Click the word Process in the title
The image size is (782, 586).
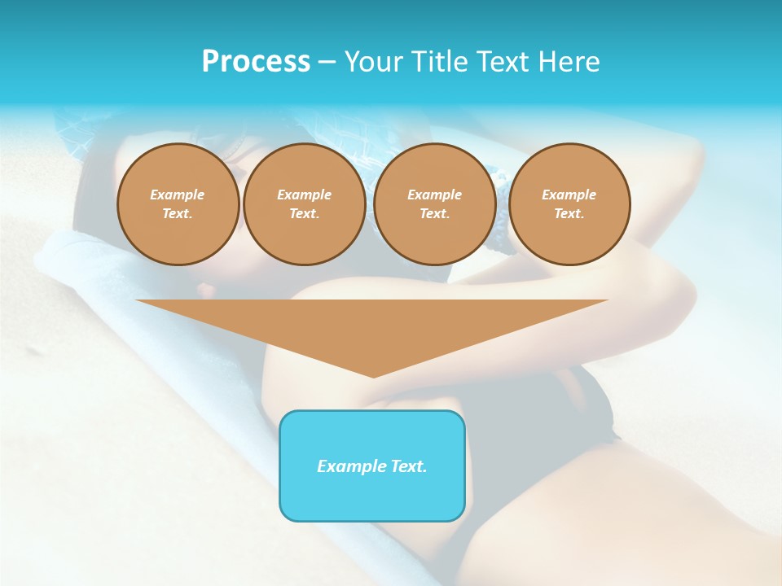pos(256,62)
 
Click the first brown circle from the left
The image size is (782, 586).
pos(178,204)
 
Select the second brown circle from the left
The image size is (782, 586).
pos(305,204)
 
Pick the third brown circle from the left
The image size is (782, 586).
pos(435,204)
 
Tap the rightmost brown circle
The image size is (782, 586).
pos(569,204)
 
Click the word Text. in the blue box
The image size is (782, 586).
pos(408,466)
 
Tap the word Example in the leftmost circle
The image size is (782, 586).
pos(178,195)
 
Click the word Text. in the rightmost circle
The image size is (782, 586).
pos(569,214)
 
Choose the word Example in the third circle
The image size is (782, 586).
pos(435,195)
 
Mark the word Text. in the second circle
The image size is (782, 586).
pos(305,214)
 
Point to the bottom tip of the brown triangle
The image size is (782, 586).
pos(373,376)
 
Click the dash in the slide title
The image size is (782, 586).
pos(327,62)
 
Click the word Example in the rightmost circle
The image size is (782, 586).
pos(569,195)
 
